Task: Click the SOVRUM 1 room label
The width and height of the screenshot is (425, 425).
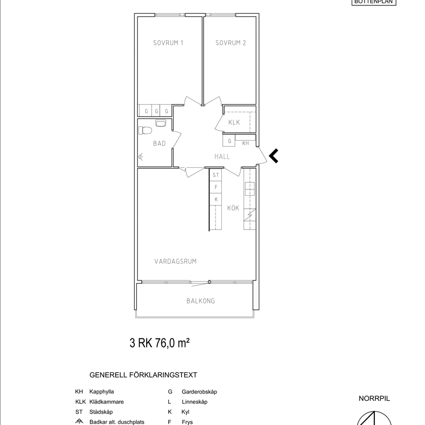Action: point(168,43)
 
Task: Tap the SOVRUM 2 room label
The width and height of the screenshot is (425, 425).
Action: point(231,43)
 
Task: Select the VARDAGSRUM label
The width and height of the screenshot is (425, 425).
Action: point(175,261)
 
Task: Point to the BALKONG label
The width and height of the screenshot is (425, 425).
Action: point(200,301)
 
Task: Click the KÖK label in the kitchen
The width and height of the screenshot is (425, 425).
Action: point(233,208)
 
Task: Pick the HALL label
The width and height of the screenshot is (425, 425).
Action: point(222,156)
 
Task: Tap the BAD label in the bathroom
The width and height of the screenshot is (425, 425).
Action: point(159,144)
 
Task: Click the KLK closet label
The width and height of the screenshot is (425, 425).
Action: point(234,122)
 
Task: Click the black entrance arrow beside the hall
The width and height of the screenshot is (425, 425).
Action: point(273,156)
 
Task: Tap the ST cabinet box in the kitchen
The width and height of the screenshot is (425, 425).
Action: point(215,175)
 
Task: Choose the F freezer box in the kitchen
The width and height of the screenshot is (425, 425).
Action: point(215,187)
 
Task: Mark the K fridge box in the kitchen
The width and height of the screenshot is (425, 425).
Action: point(215,199)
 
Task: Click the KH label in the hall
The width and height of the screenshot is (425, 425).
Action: point(245,143)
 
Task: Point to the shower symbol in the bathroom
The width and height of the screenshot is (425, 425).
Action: point(141,157)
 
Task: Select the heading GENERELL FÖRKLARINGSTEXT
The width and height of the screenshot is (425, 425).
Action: point(143,375)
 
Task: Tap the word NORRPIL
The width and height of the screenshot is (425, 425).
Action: point(374,398)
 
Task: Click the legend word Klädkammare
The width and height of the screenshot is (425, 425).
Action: point(106,402)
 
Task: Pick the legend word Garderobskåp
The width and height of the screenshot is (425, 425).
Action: point(199,392)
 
